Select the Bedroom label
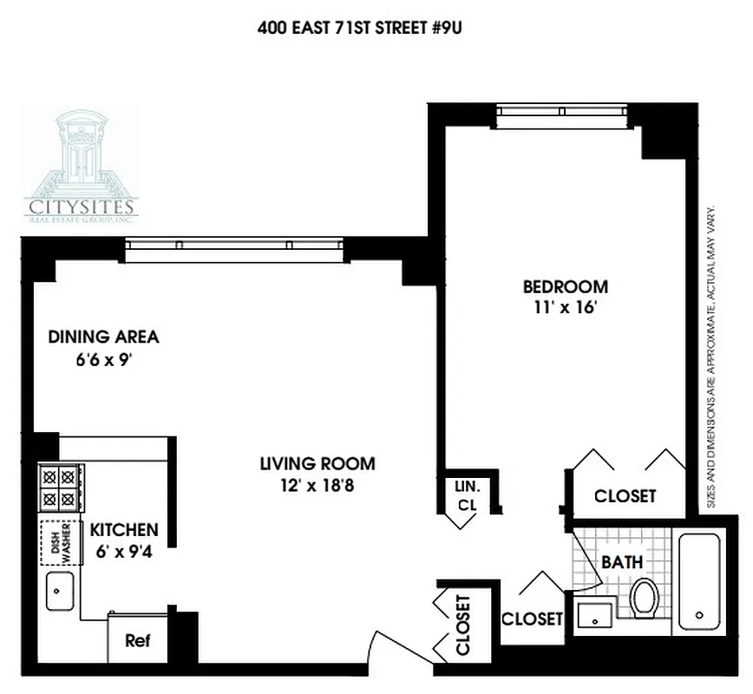(x=565, y=286)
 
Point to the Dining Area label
(x=103, y=337)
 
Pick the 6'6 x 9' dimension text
(x=103, y=359)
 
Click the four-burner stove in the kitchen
(x=61, y=488)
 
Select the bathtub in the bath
(x=699, y=581)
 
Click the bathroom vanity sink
(x=594, y=614)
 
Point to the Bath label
(x=622, y=562)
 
